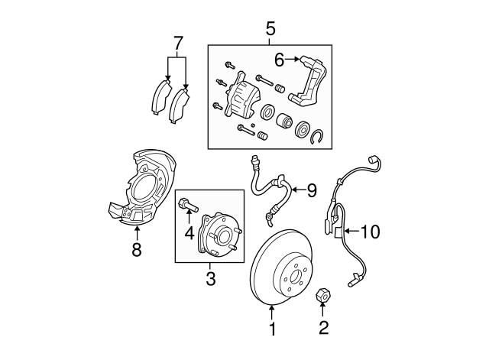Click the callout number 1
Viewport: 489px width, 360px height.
tap(270, 331)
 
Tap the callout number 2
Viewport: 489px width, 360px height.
tap(323, 329)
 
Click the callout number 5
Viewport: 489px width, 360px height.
tap(270, 29)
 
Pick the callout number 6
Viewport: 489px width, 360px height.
tap(279, 58)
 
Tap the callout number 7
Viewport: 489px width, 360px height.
tap(178, 43)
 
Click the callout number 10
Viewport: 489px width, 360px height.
tap(370, 231)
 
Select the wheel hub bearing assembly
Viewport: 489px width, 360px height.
tap(219, 235)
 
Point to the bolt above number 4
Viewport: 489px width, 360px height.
tap(188, 205)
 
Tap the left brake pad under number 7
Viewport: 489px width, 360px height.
tap(161, 97)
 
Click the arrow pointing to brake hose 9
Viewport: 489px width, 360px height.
tap(293, 189)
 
